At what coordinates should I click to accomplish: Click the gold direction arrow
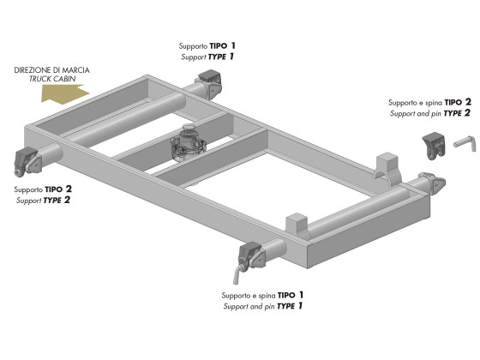(x=64, y=94)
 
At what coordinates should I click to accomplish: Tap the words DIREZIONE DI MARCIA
(x=51, y=70)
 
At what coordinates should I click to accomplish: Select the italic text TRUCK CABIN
(x=52, y=79)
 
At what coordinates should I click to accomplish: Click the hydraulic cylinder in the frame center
(x=188, y=141)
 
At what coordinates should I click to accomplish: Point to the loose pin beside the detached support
(x=465, y=144)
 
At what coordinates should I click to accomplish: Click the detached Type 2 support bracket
(x=434, y=147)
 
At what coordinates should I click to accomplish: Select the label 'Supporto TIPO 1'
(x=207, y=46)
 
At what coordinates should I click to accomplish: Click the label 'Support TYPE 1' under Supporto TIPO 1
(x=207, y=57)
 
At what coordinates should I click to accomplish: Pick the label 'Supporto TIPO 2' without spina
(x=43, y=189)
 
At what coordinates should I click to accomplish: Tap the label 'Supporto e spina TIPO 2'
(x=429, y=102)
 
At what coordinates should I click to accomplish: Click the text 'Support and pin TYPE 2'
(x=430, y=113)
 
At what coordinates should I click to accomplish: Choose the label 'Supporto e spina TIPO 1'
(x=262, y=295)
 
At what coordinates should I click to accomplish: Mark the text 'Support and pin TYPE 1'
(x=263, y=306)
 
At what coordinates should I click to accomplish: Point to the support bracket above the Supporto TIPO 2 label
(x=27, y=161)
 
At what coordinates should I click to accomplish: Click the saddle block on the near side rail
(x=297, y=226)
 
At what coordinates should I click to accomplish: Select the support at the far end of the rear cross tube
(x=434, y=183)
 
